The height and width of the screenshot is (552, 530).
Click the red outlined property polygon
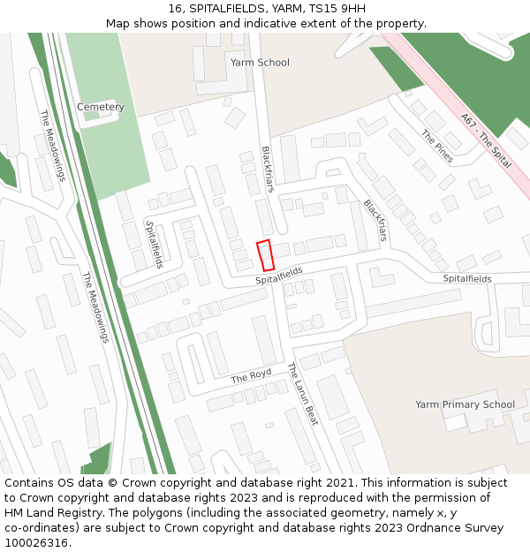[x=265, y=255]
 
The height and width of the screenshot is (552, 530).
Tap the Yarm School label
[x=260, y=63]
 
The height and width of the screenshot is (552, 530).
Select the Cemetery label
[x=101, y=107]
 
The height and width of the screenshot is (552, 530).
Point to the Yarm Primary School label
[x=465, y=405]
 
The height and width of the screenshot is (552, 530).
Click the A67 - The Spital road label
[x=486, y=140]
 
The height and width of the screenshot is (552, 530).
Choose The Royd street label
[x=252, y=376]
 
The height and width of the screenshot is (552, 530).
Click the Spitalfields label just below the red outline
[x=279, y=276]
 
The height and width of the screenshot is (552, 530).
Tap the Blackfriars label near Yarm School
[x=268, y=169]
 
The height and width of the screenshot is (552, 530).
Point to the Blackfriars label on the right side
[x=375, y=220]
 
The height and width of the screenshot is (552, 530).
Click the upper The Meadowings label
[x=53, y=145]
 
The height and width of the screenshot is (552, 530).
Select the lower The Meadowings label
[x=95, y=306]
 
